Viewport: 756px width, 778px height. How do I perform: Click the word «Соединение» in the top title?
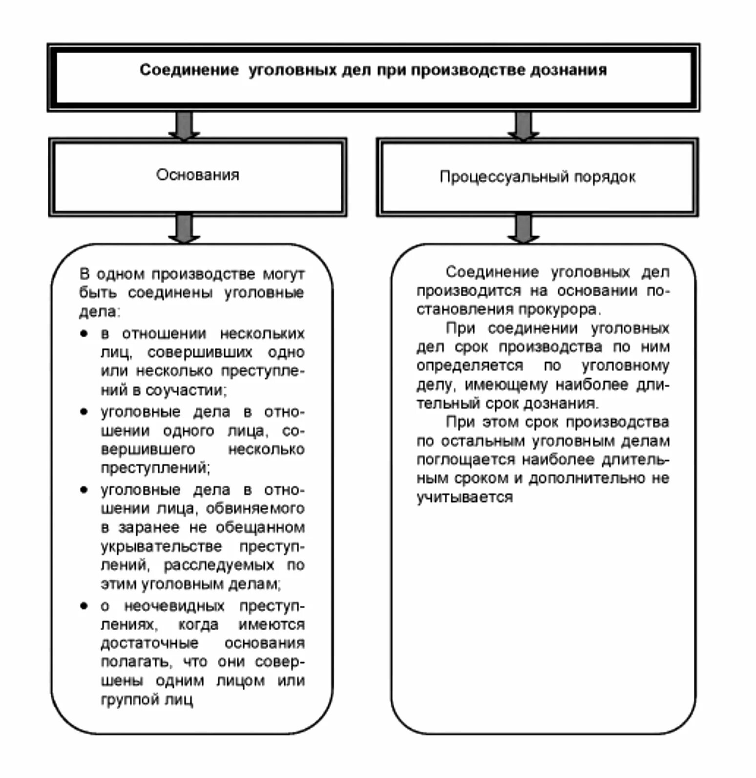189,70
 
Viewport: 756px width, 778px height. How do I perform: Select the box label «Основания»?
198,175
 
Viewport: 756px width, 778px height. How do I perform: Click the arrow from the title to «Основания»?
184,126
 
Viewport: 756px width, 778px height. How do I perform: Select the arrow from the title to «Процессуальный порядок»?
523,126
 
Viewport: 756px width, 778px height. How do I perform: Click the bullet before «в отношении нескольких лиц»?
84,334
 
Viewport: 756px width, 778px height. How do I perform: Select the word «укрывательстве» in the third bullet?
161,546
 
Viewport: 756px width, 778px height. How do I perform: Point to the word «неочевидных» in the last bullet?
174,606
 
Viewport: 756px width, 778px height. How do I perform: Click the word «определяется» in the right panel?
469,366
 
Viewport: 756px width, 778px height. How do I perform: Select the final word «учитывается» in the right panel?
464,497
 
